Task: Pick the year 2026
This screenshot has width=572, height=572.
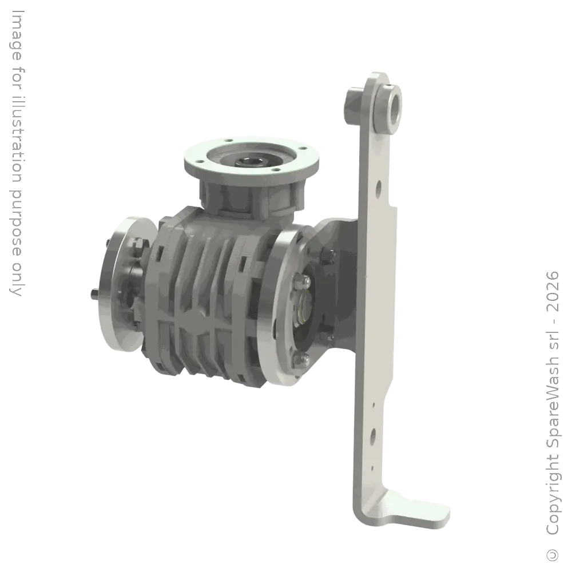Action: point(553,291)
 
